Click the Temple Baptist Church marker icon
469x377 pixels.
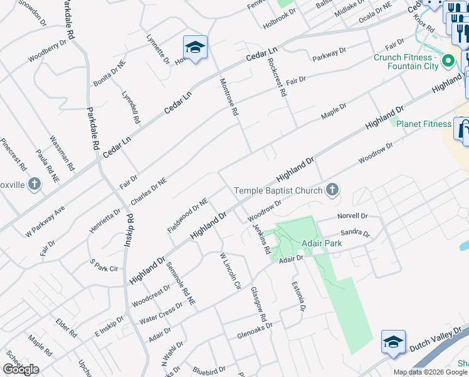pyautogui.click(x=332, y=190)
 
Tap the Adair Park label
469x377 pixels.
pyautogui.click(x=298, y=243)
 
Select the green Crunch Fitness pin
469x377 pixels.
pyautogui.click(x=448, y=62)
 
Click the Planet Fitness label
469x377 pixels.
pyautogui.click(x=428, y=124)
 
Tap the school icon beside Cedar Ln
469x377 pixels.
pyautogui.click(x=195, y=48)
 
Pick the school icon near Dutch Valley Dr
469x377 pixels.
pyautogui.click(x=393, y=342)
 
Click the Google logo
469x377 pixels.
pyautogui.click(x=21, y=369)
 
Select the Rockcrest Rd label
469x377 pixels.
pyautogui.click(x=276, y=77)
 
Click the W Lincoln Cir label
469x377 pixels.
pyautogui.click(x=229, y=270)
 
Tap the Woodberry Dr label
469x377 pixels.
pyautogui.click(x=47, y=51)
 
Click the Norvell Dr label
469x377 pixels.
pyautogui.click(x=352, y=216)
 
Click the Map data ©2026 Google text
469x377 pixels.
pyautogui.click(x=430, y=372)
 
